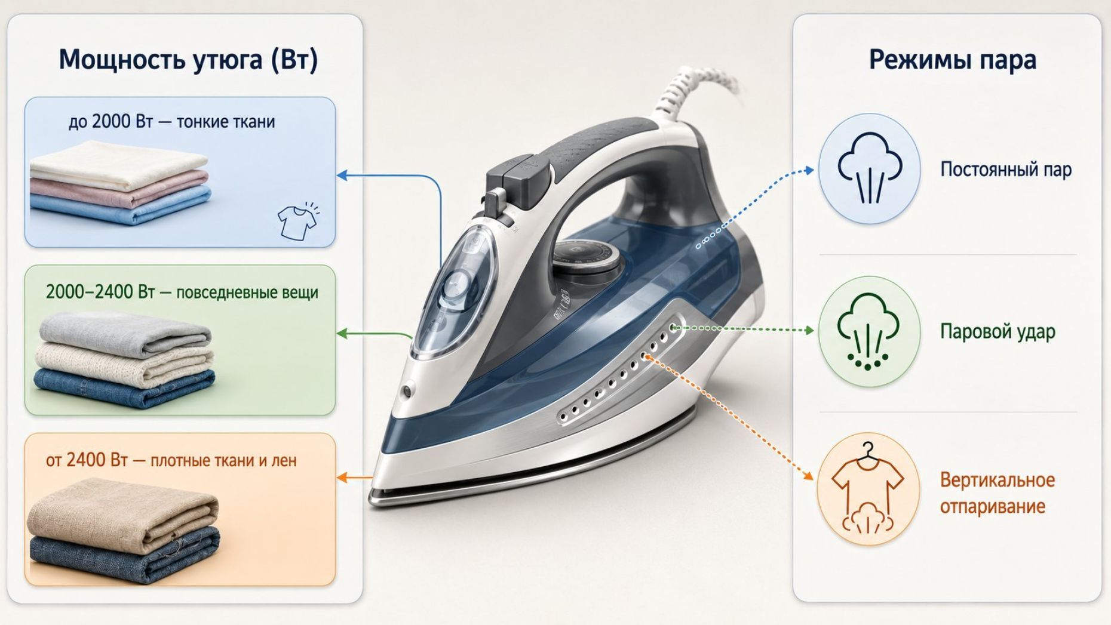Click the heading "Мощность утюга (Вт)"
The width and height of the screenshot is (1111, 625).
(188, 60)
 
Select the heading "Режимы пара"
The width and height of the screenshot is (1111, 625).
(952, 60)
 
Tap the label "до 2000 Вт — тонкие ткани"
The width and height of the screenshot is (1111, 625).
(172, 122)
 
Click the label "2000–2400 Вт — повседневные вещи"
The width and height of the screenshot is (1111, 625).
(182, 293)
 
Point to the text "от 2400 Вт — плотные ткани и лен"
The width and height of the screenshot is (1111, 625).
(171, 460)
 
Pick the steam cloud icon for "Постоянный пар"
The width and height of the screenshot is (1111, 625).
(869, 168)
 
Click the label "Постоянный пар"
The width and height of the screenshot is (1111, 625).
(1006, 170)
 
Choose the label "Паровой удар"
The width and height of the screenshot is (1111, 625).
(998, 331)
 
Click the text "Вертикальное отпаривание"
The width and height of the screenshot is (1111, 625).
(998, 493)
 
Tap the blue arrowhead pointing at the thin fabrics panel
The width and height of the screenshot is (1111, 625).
(342, 176)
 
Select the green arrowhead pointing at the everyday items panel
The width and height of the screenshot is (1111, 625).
(342, 333)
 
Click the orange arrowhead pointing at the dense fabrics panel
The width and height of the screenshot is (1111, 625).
(342, 478)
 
